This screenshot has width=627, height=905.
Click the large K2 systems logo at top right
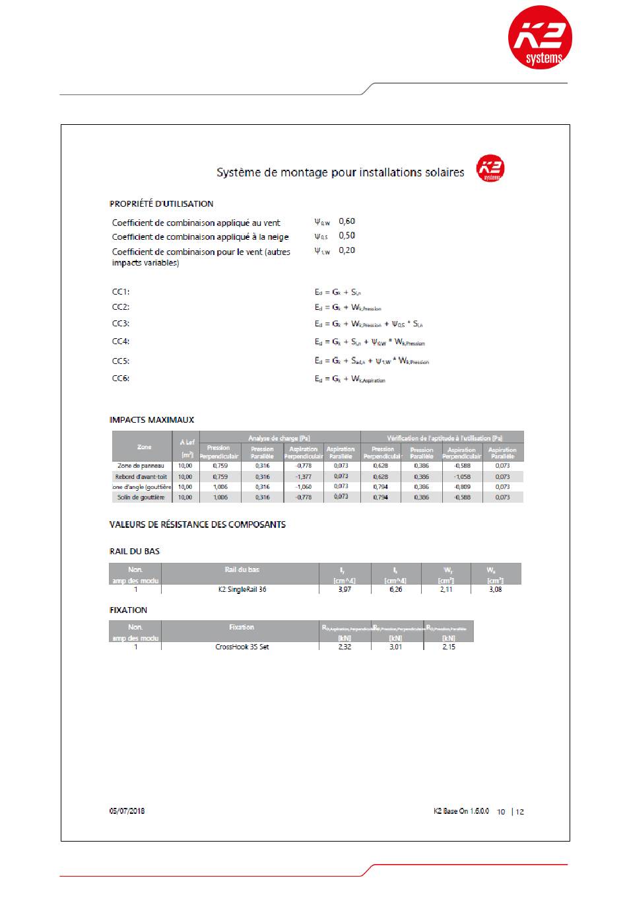pyautogui.click(x=539, y=38)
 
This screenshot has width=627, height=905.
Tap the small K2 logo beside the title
pyautogui.click(x=490, y=169)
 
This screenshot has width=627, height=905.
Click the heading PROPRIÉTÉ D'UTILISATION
pyautogui.click(x=161, y=203)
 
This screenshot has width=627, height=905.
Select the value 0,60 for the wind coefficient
pyautogui.click(x=346, y=221)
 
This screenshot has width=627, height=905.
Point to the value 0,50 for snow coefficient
pyautogui.click(x=346, y=236)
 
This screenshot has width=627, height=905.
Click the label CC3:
pyautogui.click(x=121, y=324)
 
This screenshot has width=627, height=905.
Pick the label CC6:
pyautogui.click(x=121, y=379)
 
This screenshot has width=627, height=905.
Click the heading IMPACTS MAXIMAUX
pyautogui.click(x=152, y=419)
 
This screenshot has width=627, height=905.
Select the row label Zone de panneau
pyautogui.click(x=141, y=466)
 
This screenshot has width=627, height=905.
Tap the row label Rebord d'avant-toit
pyautogui.click(x=141, y=476)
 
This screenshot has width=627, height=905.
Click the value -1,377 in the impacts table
pyautogui.click(x=303, y=476)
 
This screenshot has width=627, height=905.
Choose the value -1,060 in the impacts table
pyautogui.click(x=303, y=487)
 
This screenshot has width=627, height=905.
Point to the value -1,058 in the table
pyautogui.click(x=461, y=476)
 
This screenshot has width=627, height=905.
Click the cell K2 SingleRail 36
pyautogui.click(x=242, y=589)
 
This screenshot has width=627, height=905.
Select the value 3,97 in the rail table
pyautogui.click(x=345, y=589)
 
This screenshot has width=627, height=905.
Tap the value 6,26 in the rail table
pyautogui.click(x=395, y=589)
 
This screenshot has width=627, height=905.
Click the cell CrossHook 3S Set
pyautogui.click(x=242, y=647)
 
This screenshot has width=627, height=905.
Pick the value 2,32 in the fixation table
pyautogui.click(x=345, y=647)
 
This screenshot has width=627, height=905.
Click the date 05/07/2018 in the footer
pyautogui.click(x=127, y=811)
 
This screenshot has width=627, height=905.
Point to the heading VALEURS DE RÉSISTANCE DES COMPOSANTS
pyautogui.click(x=197, y=525)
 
